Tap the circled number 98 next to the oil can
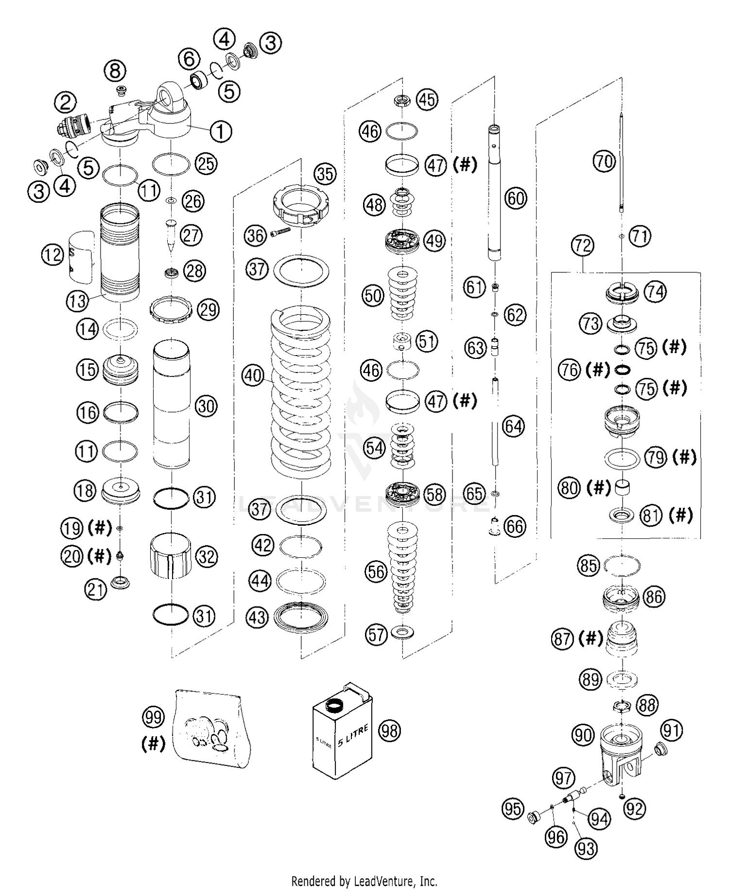click(x=390, y=730)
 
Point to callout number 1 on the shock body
click(x=221, y=131)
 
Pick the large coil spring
click(x=300, y=394)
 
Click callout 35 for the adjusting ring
click(x=325, y=174)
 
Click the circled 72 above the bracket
click(x=582, y=246)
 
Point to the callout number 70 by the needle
click(x=605, y=161)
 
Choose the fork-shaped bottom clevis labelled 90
click(x=620, y=754)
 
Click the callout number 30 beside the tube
click(x=206, y=406)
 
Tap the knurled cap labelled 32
click(x=170, y=555)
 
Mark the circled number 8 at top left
click(x=115, y=71)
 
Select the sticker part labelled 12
click(x=82, y=257)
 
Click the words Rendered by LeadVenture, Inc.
click(x=364, y=880)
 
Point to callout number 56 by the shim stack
click(x=376, y=572)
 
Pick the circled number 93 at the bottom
click(x=586, y=849)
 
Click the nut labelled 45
click(x=402, y=101)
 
